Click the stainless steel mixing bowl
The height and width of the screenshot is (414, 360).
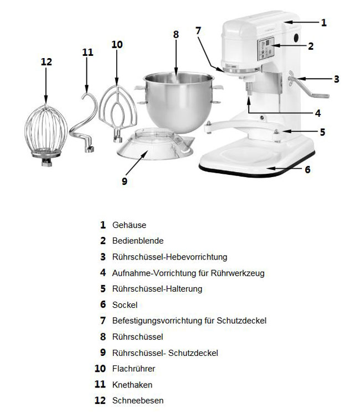point(176,100)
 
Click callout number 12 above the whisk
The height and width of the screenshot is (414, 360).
point(46,61)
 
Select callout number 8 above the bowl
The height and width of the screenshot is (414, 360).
point(176,34)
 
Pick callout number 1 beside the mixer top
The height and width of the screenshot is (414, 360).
point(324,23)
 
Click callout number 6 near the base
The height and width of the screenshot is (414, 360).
point(307,169)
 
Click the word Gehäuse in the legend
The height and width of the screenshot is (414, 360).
point(129,225)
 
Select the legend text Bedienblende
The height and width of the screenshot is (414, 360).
point(138,241)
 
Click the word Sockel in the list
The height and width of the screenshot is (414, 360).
point(125,304)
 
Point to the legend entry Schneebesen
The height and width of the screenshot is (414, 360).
point(137,400)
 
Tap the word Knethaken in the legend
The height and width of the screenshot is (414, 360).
point(132,384)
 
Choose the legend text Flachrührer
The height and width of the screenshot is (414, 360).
point(133,369)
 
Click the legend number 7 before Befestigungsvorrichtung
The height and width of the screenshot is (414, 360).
point(102,320)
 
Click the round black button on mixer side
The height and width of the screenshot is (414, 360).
point(295,38)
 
